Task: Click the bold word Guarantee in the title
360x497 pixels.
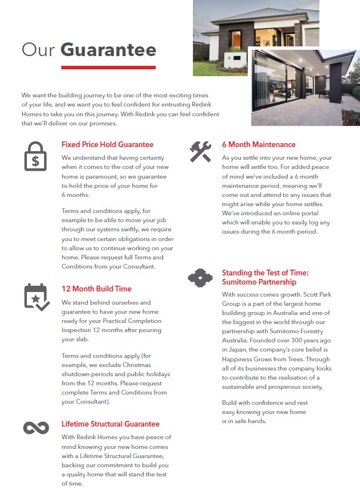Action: pyautogui.click(x=108, y=50)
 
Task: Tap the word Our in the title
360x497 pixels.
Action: pyautogui.click(x=38, y=50)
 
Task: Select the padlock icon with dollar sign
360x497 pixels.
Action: pyautogui.click(x=35, y=156)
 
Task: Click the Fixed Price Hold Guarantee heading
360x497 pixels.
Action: pyautogui.click(x=108, y=145)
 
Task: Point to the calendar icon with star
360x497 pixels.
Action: pyautogui.click(x=36, y=297)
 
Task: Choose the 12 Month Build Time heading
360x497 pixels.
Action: pyautogui.click(x=97, y=289)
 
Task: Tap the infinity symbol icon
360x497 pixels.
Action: pyautogui.click(x=36, y=428)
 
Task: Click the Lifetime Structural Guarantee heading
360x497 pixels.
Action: pyautogui.click(x=110, y=424)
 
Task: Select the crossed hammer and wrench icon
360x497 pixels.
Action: pyautogui.click(x=200, y=152)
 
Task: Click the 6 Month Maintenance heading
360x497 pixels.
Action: pyautogui.click(x=259, y=145)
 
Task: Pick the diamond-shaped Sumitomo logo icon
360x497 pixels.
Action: pyautogui.click(x=200, y=278)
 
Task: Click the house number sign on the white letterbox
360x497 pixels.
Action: pyautogui.click(x=229, y=58)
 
